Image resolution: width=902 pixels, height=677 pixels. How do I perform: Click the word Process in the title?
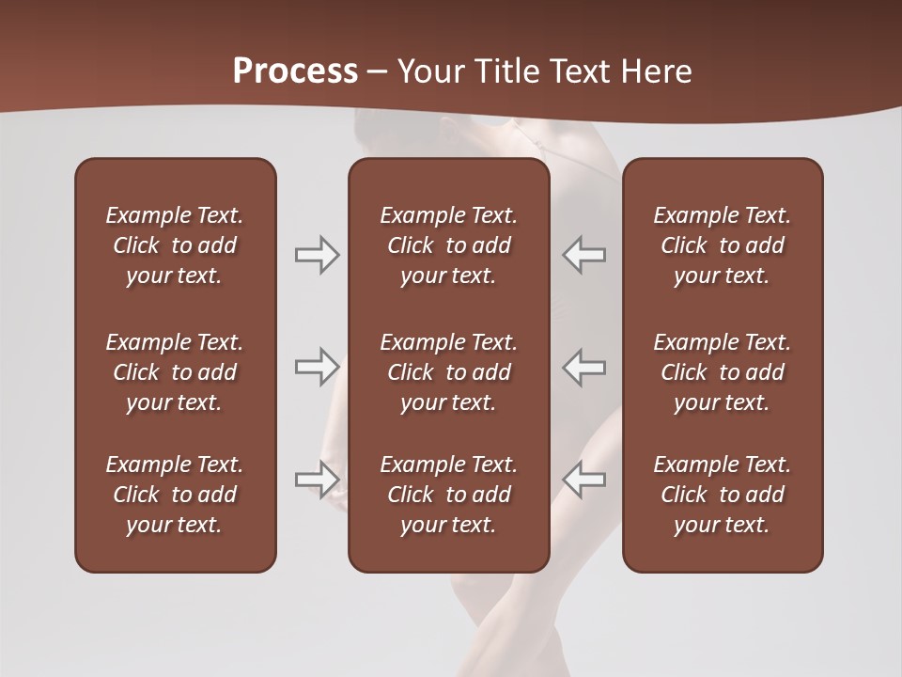coord(295,71)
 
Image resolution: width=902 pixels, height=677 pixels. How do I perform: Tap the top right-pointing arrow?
coord(317,255)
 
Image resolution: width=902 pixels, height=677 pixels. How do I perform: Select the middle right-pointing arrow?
coord(317,367)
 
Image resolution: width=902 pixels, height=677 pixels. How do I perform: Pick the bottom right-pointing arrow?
coord(317,480)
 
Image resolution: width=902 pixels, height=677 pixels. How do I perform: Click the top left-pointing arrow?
coord(584,255)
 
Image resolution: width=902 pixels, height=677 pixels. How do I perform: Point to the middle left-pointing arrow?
coord(584,367)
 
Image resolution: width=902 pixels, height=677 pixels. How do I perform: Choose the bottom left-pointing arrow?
coord(584,480)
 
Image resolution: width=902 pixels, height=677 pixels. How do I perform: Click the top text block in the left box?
coord(175,245)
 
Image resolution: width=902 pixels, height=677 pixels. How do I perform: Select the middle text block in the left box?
coord(175,372)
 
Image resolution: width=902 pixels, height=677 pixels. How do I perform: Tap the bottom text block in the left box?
coord(175,495)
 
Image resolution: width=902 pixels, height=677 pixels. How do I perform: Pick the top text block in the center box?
coord(448,245)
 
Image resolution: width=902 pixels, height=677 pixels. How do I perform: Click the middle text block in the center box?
coord(448,372)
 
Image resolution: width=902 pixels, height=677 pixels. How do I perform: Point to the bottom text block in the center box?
coord(448,495)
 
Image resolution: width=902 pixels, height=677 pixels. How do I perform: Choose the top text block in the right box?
coord(722,245)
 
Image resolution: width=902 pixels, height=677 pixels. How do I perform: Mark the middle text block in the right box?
coord(722,372)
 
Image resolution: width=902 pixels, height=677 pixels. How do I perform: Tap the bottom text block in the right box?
coord(722,495)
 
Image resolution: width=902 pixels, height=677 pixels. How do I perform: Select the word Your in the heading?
coord(428,71)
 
